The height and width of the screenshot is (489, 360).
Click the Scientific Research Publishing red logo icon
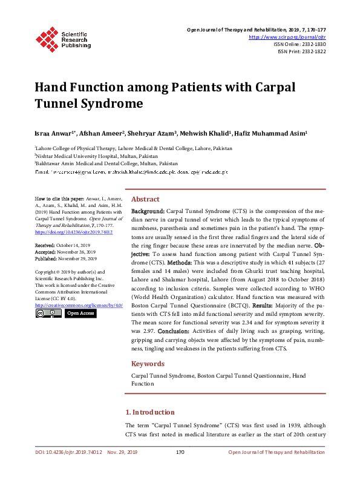[48, 38]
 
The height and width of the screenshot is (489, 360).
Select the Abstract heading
[145, 199]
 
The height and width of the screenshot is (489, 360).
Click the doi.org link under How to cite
[74, 232]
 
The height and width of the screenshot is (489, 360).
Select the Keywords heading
[148, 364]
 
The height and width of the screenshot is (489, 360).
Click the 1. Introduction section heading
[149, 412]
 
